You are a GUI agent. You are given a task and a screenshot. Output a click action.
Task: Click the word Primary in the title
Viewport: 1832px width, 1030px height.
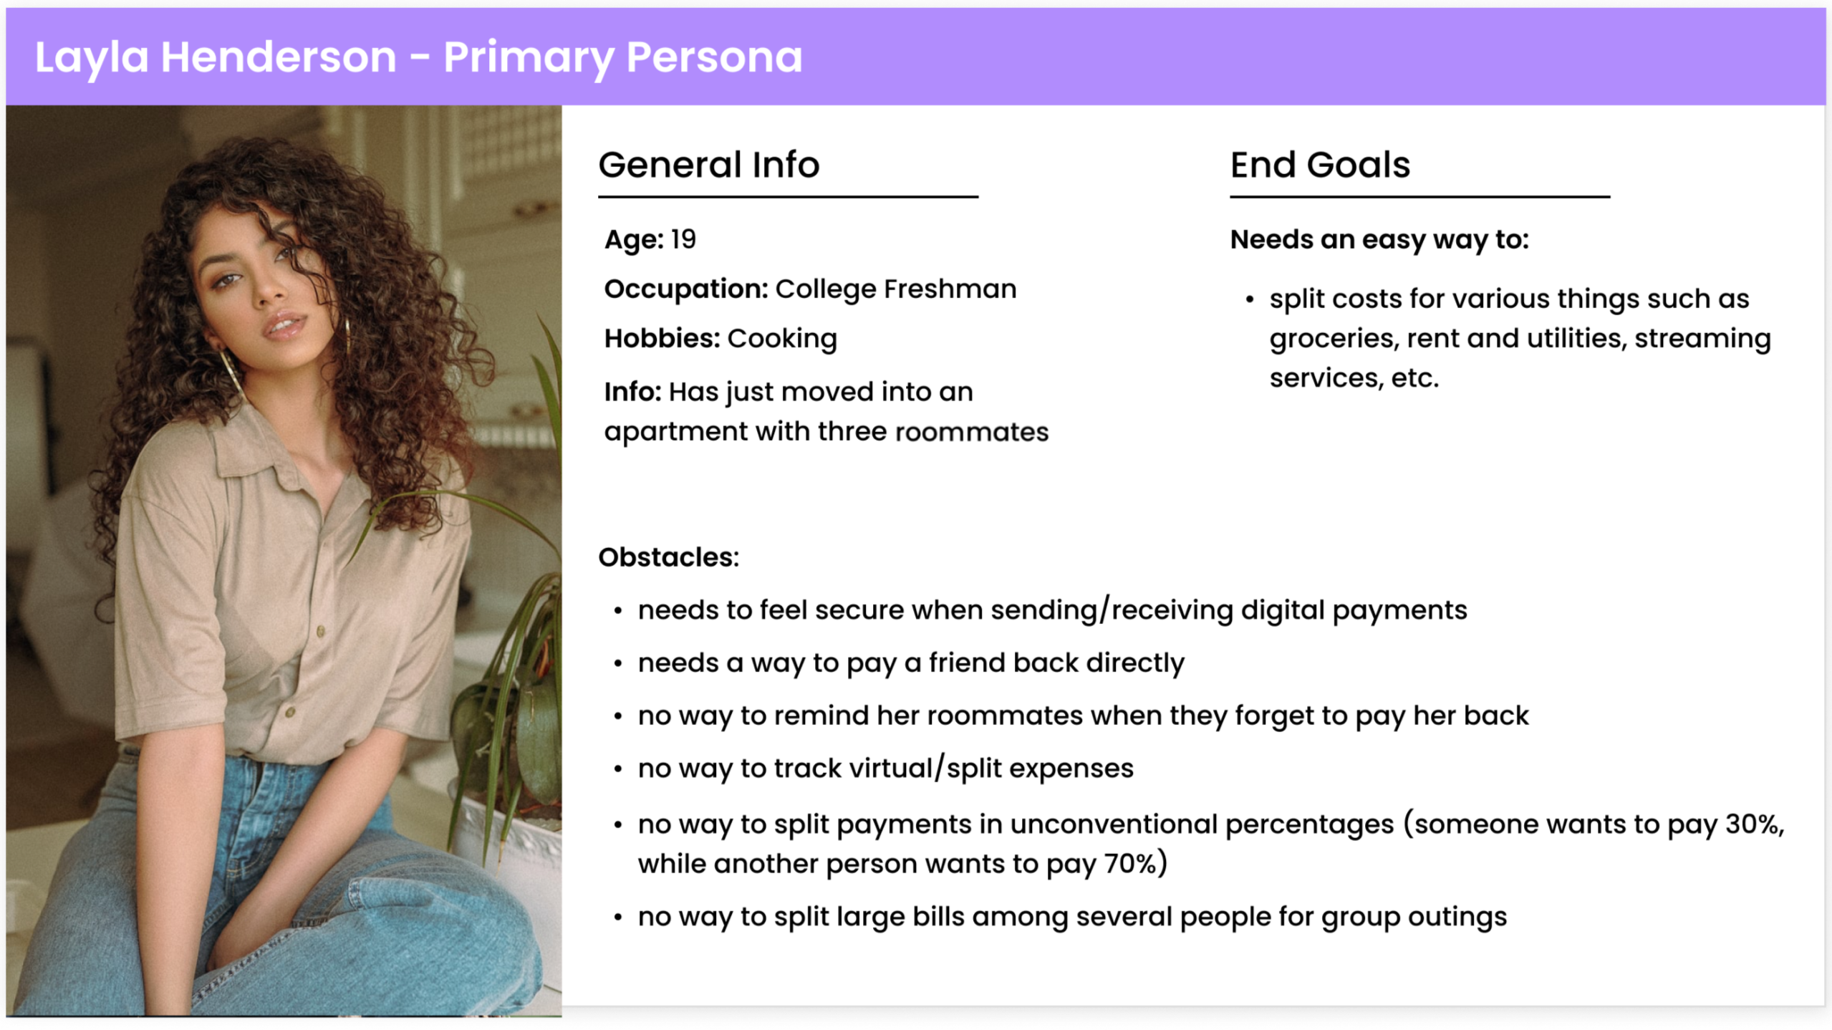[527, 57]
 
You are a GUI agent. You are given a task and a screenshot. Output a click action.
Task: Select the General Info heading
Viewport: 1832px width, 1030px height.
[708, 165]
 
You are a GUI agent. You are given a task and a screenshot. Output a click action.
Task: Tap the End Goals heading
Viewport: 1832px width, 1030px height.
[1319, 165]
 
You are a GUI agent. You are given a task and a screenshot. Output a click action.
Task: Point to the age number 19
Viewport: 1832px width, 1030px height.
[683, 239]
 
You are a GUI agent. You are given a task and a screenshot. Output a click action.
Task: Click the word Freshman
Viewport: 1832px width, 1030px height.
[950, 289]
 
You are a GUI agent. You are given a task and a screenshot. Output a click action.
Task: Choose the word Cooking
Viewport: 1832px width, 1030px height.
[782, 339]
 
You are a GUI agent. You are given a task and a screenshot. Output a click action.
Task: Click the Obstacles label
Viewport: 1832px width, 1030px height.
[668, 557]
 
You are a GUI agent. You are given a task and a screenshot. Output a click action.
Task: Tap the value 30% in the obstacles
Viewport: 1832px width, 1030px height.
[1754, 824]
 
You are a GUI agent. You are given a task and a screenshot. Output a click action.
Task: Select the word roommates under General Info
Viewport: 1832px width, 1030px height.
[971, 432]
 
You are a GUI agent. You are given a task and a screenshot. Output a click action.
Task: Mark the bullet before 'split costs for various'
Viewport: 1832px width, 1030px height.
[1249, 299]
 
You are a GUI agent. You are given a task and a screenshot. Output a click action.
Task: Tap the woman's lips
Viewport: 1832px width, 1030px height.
[284, 326]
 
